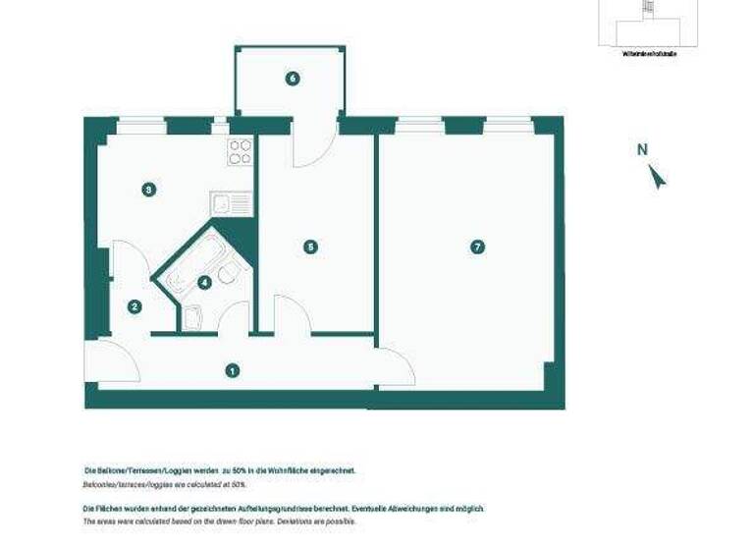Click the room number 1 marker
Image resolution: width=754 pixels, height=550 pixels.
point(232,370)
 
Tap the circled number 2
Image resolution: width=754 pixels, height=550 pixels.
point(135,306)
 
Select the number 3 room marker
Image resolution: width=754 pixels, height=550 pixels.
point(147,190)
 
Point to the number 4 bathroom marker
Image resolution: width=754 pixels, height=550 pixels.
point(204,283)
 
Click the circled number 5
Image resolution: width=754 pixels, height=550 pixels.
point(310,247)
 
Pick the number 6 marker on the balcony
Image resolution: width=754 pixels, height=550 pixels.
point(292,79)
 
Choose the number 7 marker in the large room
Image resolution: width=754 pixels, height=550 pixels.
point(477,247)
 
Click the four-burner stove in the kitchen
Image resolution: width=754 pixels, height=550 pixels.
point(241,151)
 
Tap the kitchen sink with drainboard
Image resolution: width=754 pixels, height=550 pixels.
point(231,204)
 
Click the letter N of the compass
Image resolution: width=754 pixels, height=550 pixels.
point(642,150)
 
